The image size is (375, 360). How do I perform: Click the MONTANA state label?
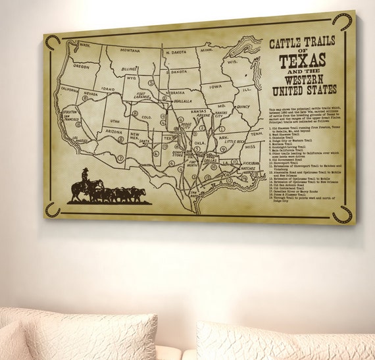pyautogui.click(x=130, y=51)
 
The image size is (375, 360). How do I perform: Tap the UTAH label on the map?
pyautogui.click(x=115, y=121)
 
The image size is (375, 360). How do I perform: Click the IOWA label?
pyautogui.click(x=215, y=86)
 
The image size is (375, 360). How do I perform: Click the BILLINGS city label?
pyautogui.click(x=129, y=68)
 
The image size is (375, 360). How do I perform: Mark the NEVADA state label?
pyautogui.click(x=90, y=94)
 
